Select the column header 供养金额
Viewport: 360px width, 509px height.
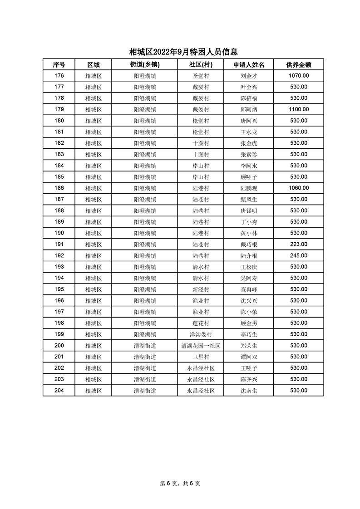pos(298,64)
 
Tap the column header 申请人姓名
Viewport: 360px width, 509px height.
pos(249,64)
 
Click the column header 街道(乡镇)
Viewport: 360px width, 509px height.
pos(145,64)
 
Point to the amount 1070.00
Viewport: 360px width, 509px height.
pos(299,76)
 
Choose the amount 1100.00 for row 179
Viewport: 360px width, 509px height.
pos(299,109)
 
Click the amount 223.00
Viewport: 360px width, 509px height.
pos(299,244)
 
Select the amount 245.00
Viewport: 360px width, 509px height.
pos(299,255)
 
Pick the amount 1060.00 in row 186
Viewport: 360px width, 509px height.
pos(299,188)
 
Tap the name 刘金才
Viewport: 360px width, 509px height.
pos(249,76)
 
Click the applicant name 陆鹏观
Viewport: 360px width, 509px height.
pos(249,188)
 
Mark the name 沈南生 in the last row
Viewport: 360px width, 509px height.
pos(249,391)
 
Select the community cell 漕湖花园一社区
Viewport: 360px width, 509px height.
pos(201,346)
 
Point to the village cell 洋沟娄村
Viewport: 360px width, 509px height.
pos(201,334)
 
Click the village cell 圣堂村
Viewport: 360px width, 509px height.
pos(201,76)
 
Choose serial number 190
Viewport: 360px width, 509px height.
pos(59,233)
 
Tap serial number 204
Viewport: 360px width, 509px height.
pos(59,391)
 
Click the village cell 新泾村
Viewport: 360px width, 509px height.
pos(201,289)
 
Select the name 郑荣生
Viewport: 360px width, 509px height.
pos(249,346)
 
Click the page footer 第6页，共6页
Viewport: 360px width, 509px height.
pos(180,484)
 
